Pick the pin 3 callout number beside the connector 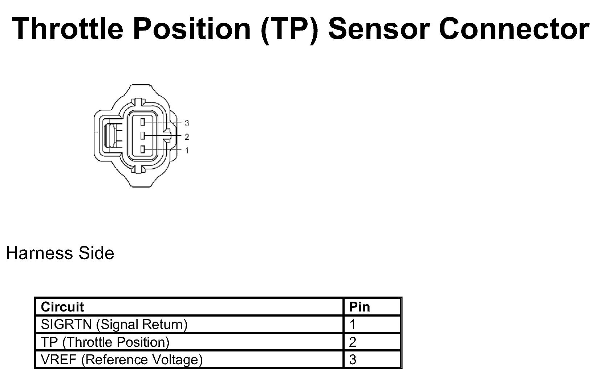tap(187, 124)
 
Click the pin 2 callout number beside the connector tap(187, 137)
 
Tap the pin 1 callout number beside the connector tap(187, 150)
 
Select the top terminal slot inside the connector tap(143, 122)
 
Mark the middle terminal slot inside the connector tap(143, 136)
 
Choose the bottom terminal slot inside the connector tap(143, 149)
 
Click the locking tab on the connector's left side tap(109, 136)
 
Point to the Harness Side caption tap(60, 253)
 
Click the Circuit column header tap(62, 307)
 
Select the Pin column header tap(360, 307)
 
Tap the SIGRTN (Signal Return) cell tap(114, 324)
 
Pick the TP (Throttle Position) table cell tap(105, 342)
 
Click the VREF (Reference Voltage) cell tap(122, 359)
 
